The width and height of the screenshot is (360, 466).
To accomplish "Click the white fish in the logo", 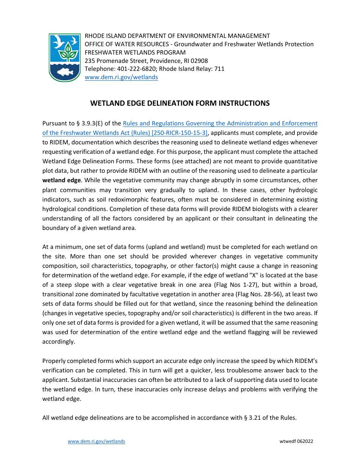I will pyautogui.click(x=65, y=72).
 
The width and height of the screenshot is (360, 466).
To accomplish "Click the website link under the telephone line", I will pyautogui.click(x=121, y=77).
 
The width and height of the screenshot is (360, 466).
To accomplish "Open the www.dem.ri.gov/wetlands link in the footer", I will pyautogui.click(x=96, y=441).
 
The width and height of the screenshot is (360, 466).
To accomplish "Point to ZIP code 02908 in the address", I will pyautogui.click(x=199, y=61).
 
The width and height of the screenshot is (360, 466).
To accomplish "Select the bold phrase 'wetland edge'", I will pyautogui.click(x=60, y=180).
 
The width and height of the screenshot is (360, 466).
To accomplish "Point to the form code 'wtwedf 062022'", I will pyautogui.click(x=296, y=441).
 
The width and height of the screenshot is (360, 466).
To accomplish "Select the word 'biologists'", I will pyautogui.click(x=241, y=209).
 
